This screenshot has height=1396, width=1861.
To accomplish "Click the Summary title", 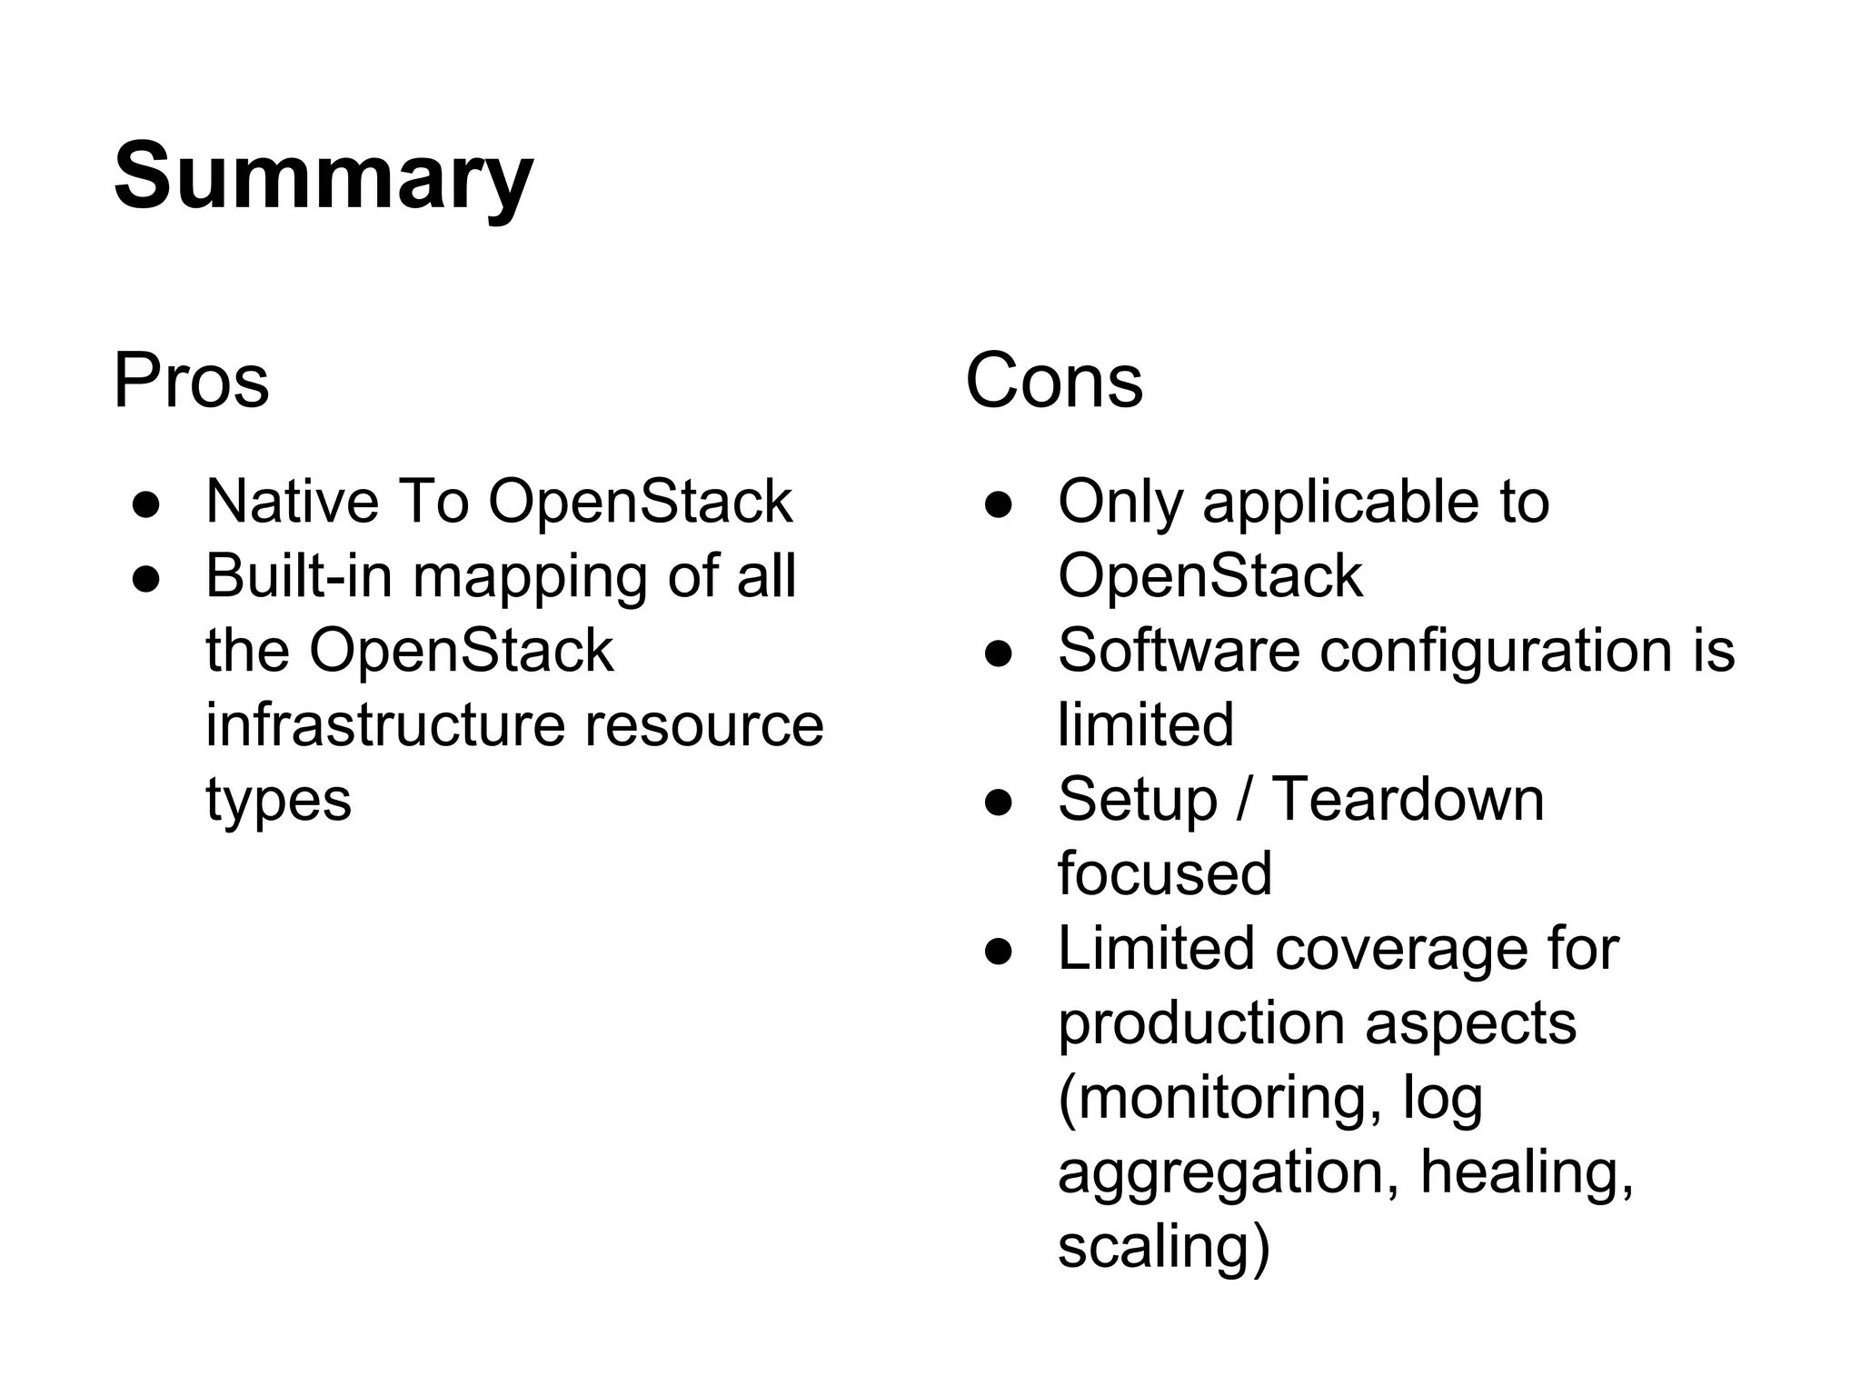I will click(x=323, y=176).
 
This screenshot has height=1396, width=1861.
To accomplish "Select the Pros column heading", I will click(x=191, y=381).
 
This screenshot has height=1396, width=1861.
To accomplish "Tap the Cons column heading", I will click(x=1053, y=381).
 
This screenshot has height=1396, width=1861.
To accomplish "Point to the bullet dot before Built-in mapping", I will click(x=146, y=577).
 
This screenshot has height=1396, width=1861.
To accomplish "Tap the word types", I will click(x=278, y=801).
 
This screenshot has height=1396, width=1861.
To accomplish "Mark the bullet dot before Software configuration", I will click(x=999, y=652).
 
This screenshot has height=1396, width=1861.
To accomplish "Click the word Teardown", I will click(x=1408, y=800).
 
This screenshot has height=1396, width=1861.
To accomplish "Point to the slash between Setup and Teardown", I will click(x=1244, y=800).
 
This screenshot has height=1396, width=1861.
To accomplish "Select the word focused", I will click(x=1165, y=874).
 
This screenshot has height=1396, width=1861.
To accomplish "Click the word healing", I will click(x=1527, y=1172).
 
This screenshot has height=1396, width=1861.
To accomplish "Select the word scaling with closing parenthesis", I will click(x=1164, y=1246).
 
